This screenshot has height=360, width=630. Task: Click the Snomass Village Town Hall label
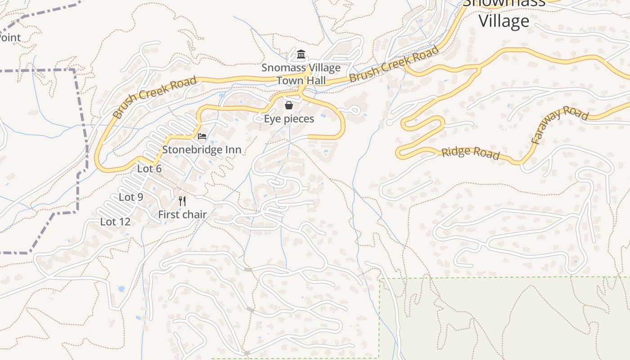tap(301, 74)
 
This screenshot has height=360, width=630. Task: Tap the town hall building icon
tap(301, 55)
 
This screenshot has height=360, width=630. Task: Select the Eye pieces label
tap(289, 119)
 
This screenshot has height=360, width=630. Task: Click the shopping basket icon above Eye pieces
tap(289, 105)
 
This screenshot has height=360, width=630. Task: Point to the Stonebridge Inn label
tap(202, 149)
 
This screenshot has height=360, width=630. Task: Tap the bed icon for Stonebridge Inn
tap(202, 136)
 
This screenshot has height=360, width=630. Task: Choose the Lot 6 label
tap(149, 169)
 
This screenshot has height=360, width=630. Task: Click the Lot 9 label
tap(131, 197)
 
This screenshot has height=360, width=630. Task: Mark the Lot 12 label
tap(115, 222)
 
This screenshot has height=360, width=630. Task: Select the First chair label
tap(182, 215)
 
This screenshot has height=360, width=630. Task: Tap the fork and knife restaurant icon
tap(182, 201)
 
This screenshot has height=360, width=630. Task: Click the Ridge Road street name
tap(470, 153)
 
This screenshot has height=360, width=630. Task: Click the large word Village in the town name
tap(504, 21)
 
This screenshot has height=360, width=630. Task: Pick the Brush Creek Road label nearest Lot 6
tap(154, 97)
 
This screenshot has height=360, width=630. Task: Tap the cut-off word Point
tap(10, 38)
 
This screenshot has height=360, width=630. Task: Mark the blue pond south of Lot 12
tap(121, 288)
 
